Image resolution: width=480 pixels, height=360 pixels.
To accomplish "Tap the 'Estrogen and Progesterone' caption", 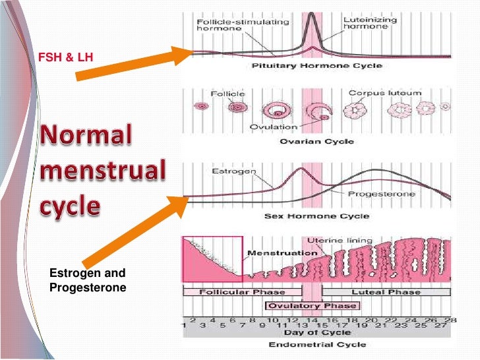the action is click(x=87, y=280).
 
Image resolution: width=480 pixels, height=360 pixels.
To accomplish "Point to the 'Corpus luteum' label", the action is click(x=375, y=94).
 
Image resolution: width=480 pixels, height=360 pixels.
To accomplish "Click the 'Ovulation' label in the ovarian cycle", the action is click(x=273, y=127).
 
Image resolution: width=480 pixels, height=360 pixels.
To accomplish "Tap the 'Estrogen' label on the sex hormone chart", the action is click(x=230, y=171).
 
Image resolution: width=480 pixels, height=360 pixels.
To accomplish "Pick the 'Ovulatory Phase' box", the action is click(x=311, y=306).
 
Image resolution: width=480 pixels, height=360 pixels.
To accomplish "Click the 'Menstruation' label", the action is click(x=273, y=253).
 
